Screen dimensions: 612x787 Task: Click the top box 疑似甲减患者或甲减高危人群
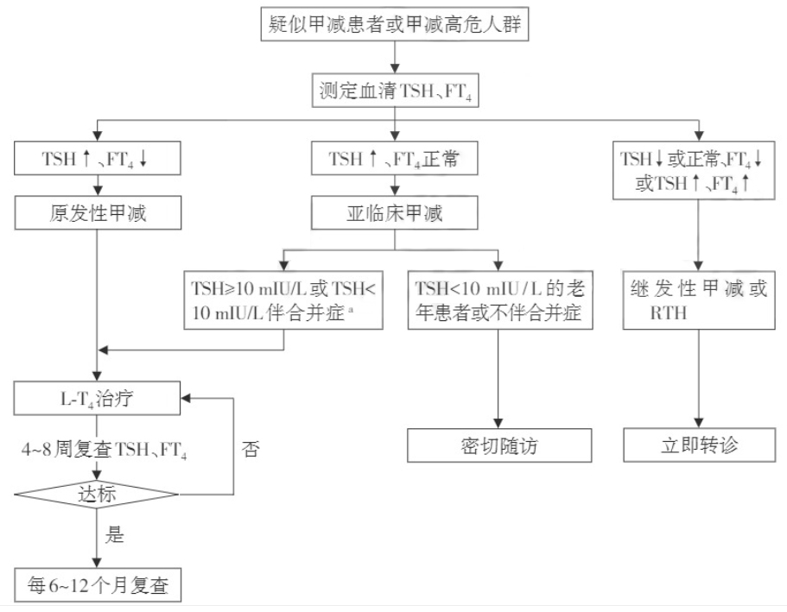(394, 24)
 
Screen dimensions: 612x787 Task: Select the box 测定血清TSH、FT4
(394, 90)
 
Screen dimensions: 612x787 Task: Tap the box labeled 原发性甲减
(97, 212)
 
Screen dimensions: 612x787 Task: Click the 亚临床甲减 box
(394, 212)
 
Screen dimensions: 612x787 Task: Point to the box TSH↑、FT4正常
(394, 159)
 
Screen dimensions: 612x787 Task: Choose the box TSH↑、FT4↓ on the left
(97, 159)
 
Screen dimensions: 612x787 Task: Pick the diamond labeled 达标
(97, 495)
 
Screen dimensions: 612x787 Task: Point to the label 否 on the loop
(251, 450)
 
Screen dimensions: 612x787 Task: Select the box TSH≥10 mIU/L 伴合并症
(284, 299)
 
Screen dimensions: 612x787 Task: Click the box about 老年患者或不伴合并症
(500, 299)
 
